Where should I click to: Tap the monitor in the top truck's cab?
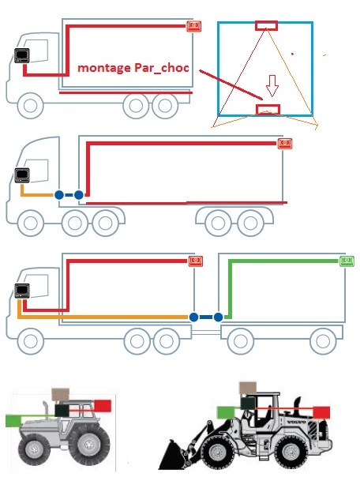pyautogui.click(x=21, y=55)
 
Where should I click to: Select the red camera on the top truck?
pyautogui.click(x=193, y=26)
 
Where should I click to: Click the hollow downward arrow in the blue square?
pyautogui.click(x=272, y=85)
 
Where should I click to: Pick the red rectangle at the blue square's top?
pyautogui.click(x=266, y=26)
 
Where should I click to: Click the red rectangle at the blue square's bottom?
pyautogui.click(x=268, y=110)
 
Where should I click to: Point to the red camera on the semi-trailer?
pyautogui.click(x=285, y=144)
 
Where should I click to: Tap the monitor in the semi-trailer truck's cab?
pyautogui.click(x=22, y=175)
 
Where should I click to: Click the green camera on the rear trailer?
pyautogui.click(x=347, y=261)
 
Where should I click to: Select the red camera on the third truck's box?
pyautogui.click(x=196, y=261)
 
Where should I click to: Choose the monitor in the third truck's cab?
pyautogui.click(x=22, y=291)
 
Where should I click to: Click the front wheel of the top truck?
pyautogui.click(x=31, y=106)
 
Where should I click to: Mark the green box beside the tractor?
pyautogui.click(x=13, y=420)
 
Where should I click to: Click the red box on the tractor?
pyautogui.click(x=103, y=406)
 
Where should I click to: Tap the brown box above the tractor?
pyautogui.click(x=61, y=394)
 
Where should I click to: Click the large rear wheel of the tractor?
pyautogui.click(x=89, y=445)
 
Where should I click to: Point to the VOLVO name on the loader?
pyautogui.click(x=296, y=422)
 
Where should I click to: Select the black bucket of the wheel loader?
pyautogui.click(x=172, y=454)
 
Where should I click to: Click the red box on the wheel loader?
pyautogui.click(x=321, y=412)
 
